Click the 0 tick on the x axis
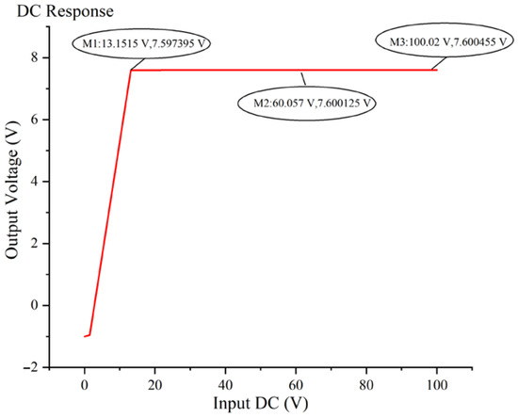85,383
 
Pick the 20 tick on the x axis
155,383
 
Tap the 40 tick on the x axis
226,383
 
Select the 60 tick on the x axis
296,383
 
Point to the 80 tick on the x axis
366,383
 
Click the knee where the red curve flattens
131,70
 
